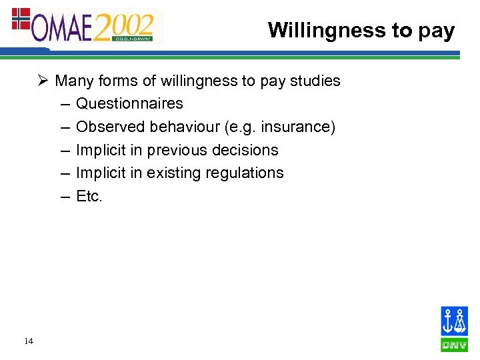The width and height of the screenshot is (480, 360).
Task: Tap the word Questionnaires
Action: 129,103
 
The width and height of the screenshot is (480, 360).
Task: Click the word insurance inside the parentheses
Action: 298,127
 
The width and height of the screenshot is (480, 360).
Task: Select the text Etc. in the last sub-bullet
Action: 89,196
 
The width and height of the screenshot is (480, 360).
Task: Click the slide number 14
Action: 28,341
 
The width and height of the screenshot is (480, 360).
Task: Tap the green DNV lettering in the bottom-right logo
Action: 454,345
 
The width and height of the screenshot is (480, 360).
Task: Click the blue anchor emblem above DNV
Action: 454,321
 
